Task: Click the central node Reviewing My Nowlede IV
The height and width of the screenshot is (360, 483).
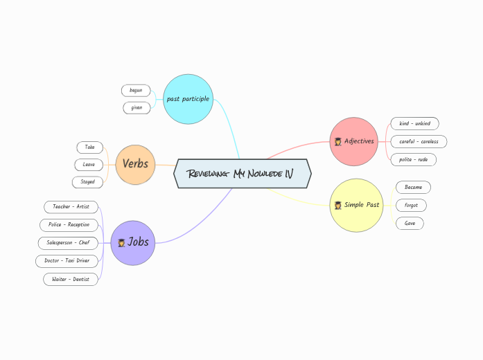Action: click(243, 173)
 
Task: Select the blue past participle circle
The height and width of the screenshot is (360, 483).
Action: click(188, 99)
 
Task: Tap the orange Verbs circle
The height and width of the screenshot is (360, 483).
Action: click(135, 164)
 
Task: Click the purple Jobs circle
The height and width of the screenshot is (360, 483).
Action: click(133, 242)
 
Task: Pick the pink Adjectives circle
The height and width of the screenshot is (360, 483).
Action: click(353, 141)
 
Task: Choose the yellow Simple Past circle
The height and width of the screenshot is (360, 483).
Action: click(356, 205)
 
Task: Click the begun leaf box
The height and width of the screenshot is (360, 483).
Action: click(136, 90)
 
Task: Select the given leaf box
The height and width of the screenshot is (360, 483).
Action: click(137, 107)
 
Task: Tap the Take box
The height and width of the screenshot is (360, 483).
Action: click(89, 147)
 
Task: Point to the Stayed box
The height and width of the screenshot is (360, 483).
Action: click(87, 182)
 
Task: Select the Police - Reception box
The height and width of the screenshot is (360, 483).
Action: click(69, 224)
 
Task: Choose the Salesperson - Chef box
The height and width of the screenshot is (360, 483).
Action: click(67, 242)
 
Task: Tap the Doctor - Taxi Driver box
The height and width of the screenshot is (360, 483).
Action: click(67, 260)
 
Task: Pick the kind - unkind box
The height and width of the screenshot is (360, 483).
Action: click(414, 123)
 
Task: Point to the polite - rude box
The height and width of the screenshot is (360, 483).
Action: click(414, 159)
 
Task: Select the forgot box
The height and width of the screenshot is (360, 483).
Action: click(411, 205)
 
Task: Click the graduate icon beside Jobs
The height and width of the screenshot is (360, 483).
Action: click(121, 243)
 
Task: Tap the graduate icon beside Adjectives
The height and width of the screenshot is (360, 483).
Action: click(337, 141)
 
